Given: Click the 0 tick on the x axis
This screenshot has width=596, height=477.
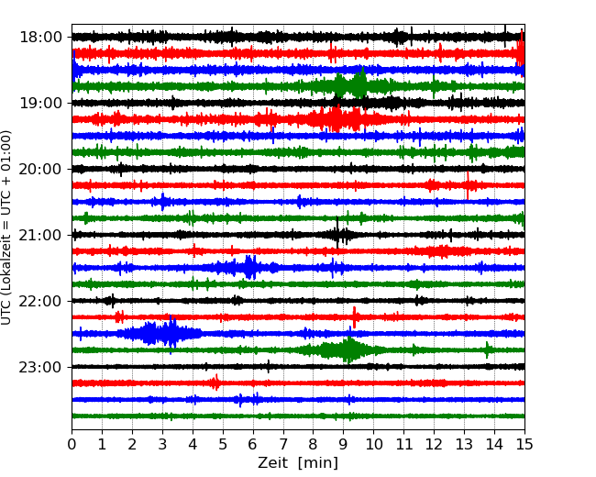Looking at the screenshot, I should pos(72,445).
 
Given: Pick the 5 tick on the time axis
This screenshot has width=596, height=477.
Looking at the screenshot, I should pos(223,445).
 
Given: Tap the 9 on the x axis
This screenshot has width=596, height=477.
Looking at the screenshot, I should pos(344,445).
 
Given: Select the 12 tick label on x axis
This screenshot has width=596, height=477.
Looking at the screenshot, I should pos(434,445).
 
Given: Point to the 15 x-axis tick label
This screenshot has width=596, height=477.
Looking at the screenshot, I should pos(524,445).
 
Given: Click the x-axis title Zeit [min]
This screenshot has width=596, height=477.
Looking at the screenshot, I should pos(298,463).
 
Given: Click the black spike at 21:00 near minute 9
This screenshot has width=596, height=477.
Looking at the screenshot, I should pos(338,235).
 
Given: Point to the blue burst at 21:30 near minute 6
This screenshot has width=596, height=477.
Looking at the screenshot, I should pos(249,267).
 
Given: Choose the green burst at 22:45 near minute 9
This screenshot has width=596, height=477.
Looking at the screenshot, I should pos(347,349).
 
